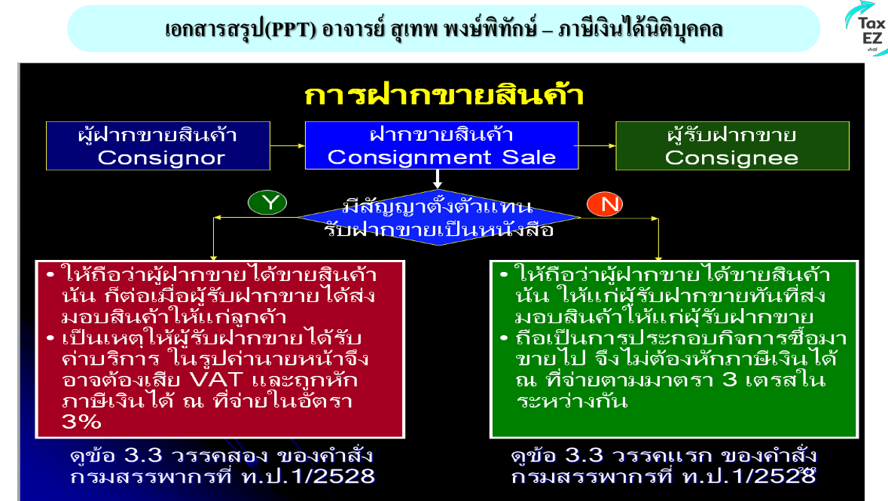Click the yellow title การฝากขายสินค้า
444,96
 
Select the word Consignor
161,157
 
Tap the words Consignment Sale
441,157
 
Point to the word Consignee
731,157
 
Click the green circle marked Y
267,203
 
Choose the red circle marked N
605,204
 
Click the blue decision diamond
438,218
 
